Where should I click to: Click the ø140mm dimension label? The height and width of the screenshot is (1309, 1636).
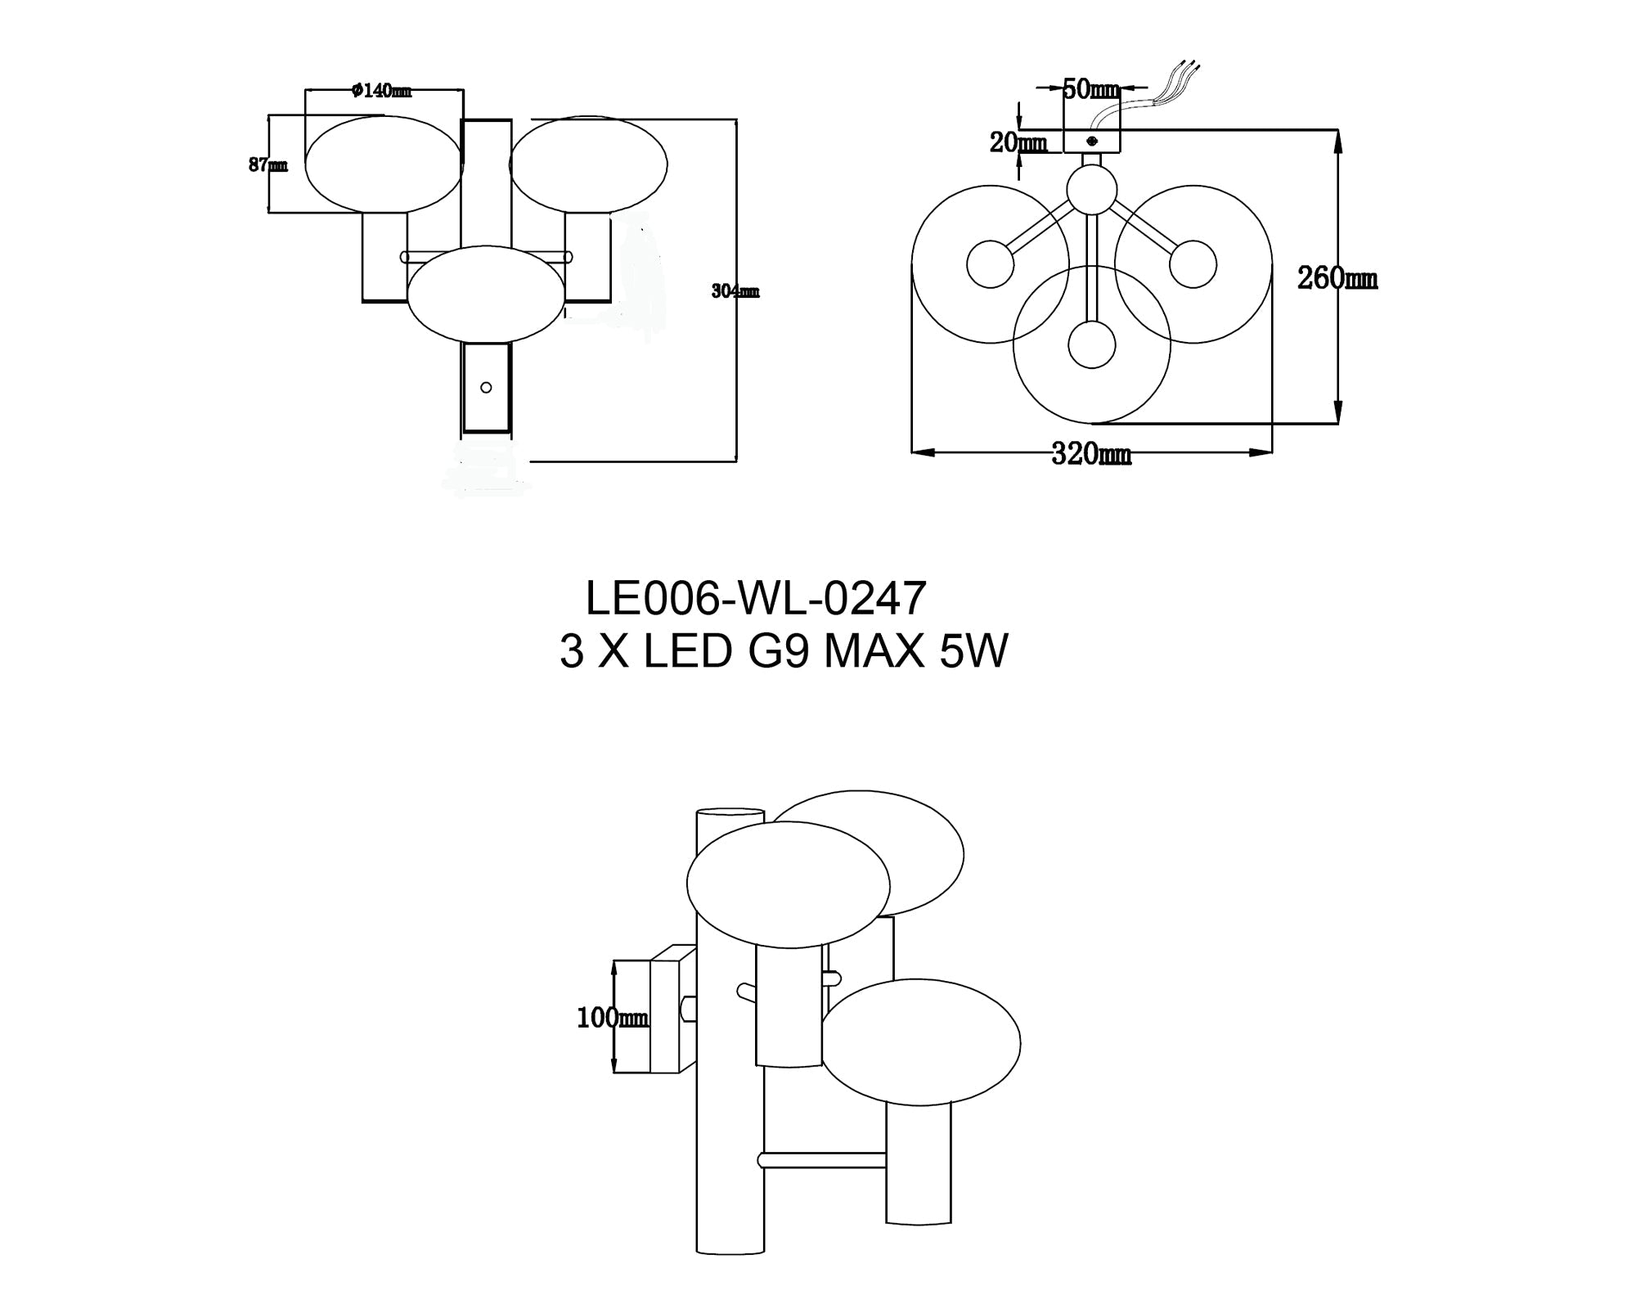coord(381,91)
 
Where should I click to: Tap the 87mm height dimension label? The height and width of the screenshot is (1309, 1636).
coord(267,165)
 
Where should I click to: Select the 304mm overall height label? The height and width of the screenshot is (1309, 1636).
coord(735,291)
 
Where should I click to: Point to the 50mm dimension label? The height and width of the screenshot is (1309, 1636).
coord(1090,89)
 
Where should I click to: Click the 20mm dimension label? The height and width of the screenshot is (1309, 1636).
coord(1018,143)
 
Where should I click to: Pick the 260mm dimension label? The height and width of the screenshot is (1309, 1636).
coord(1337,279)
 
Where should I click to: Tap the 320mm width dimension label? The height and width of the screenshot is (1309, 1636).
coord(1091,454)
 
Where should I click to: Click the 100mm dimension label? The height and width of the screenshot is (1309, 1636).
coord(612,1019)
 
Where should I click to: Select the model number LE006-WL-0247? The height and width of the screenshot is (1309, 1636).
coord(756,599)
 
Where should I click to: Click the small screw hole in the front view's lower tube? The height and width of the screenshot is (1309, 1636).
coord(486,388)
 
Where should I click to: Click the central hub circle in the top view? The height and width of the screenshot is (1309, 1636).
coord(1091,189)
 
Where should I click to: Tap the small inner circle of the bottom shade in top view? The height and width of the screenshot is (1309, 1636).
coord(1091,344)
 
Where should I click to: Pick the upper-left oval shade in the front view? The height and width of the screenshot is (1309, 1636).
coord(384,164)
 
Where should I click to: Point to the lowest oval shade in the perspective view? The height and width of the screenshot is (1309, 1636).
coord(920,1042)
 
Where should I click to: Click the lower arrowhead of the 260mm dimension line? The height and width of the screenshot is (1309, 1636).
coord(1338,413)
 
